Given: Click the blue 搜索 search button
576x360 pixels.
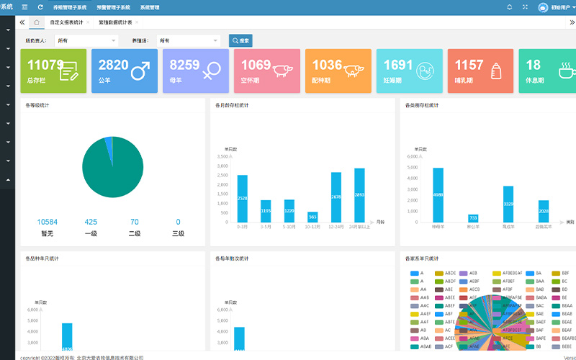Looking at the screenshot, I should pyautogui.click(x=240, y=41).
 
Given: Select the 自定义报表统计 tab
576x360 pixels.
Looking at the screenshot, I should pyautogui.click(x=66, y=22).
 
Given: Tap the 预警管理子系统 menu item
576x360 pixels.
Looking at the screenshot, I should pyautogui.click(x=113, y=7).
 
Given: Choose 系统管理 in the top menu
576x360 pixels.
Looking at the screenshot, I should pyautogui.click(x=150, y=7).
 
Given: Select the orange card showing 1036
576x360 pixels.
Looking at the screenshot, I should pyautogui.click(x=338, y=71).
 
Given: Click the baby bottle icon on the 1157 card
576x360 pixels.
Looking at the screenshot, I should pyautogui.click(x=495, y=71).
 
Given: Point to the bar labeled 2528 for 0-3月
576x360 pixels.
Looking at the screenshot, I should pyautogui.click(x=242, y=198).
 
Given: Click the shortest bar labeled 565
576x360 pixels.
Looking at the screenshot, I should pyautogui.click(x=312, y=217).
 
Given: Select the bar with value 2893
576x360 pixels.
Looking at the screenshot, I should pyautogui.click(x=359, y=195).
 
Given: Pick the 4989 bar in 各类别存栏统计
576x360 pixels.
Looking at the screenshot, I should pyautogui.click(x=438, y=194).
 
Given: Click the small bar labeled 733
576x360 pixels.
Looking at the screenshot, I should pyautogui.click(x=473, y=218).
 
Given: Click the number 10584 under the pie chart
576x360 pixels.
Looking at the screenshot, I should pyautogui.click(x=48, y=222).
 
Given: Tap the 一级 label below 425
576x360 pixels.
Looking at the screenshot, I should pyautogui.click(x=91, y=233).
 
